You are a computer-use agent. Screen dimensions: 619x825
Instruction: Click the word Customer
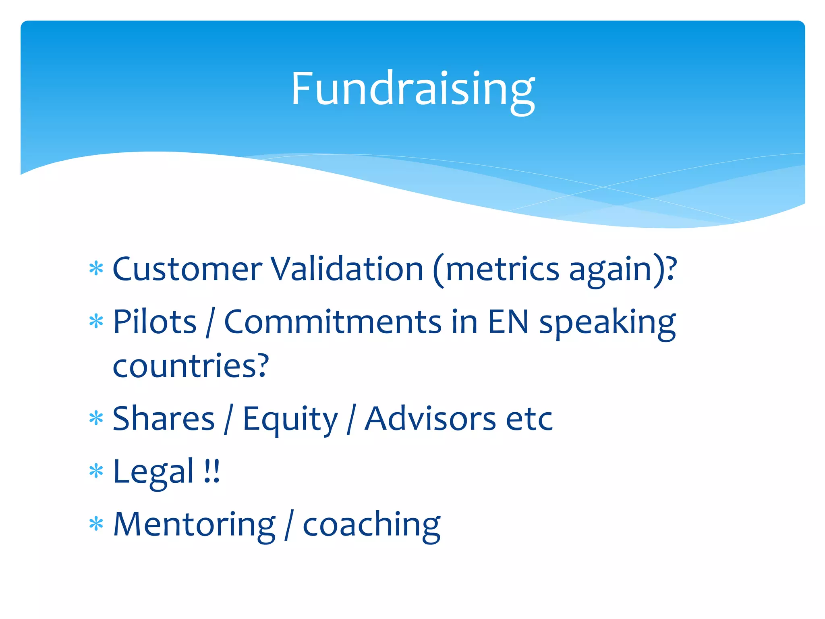click(x=187, y=269)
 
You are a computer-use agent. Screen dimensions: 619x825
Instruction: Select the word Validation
click(x=346, y=269)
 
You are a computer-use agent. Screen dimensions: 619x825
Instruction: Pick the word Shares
click(x=164, y=419)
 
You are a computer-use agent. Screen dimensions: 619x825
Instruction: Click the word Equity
click(x=290, y=420)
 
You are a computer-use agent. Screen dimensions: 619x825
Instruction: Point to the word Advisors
click(x=430, y=419)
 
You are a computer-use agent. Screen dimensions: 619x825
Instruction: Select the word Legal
click(x=153, y=472)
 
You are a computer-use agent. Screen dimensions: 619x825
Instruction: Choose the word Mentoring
click(x=194, y=525)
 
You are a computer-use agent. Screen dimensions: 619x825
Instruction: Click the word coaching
click(x=371, y=525)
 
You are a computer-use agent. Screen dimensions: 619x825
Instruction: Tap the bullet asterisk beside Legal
click(x=96, y=471)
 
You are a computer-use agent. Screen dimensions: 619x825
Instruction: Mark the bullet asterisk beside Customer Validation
click(x=96, y=268)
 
